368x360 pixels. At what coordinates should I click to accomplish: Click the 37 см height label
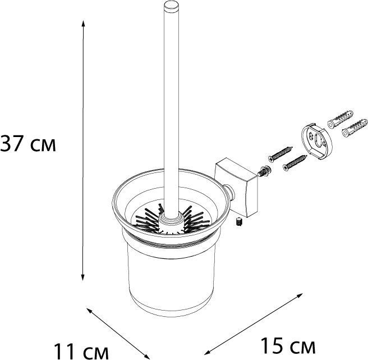28,144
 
